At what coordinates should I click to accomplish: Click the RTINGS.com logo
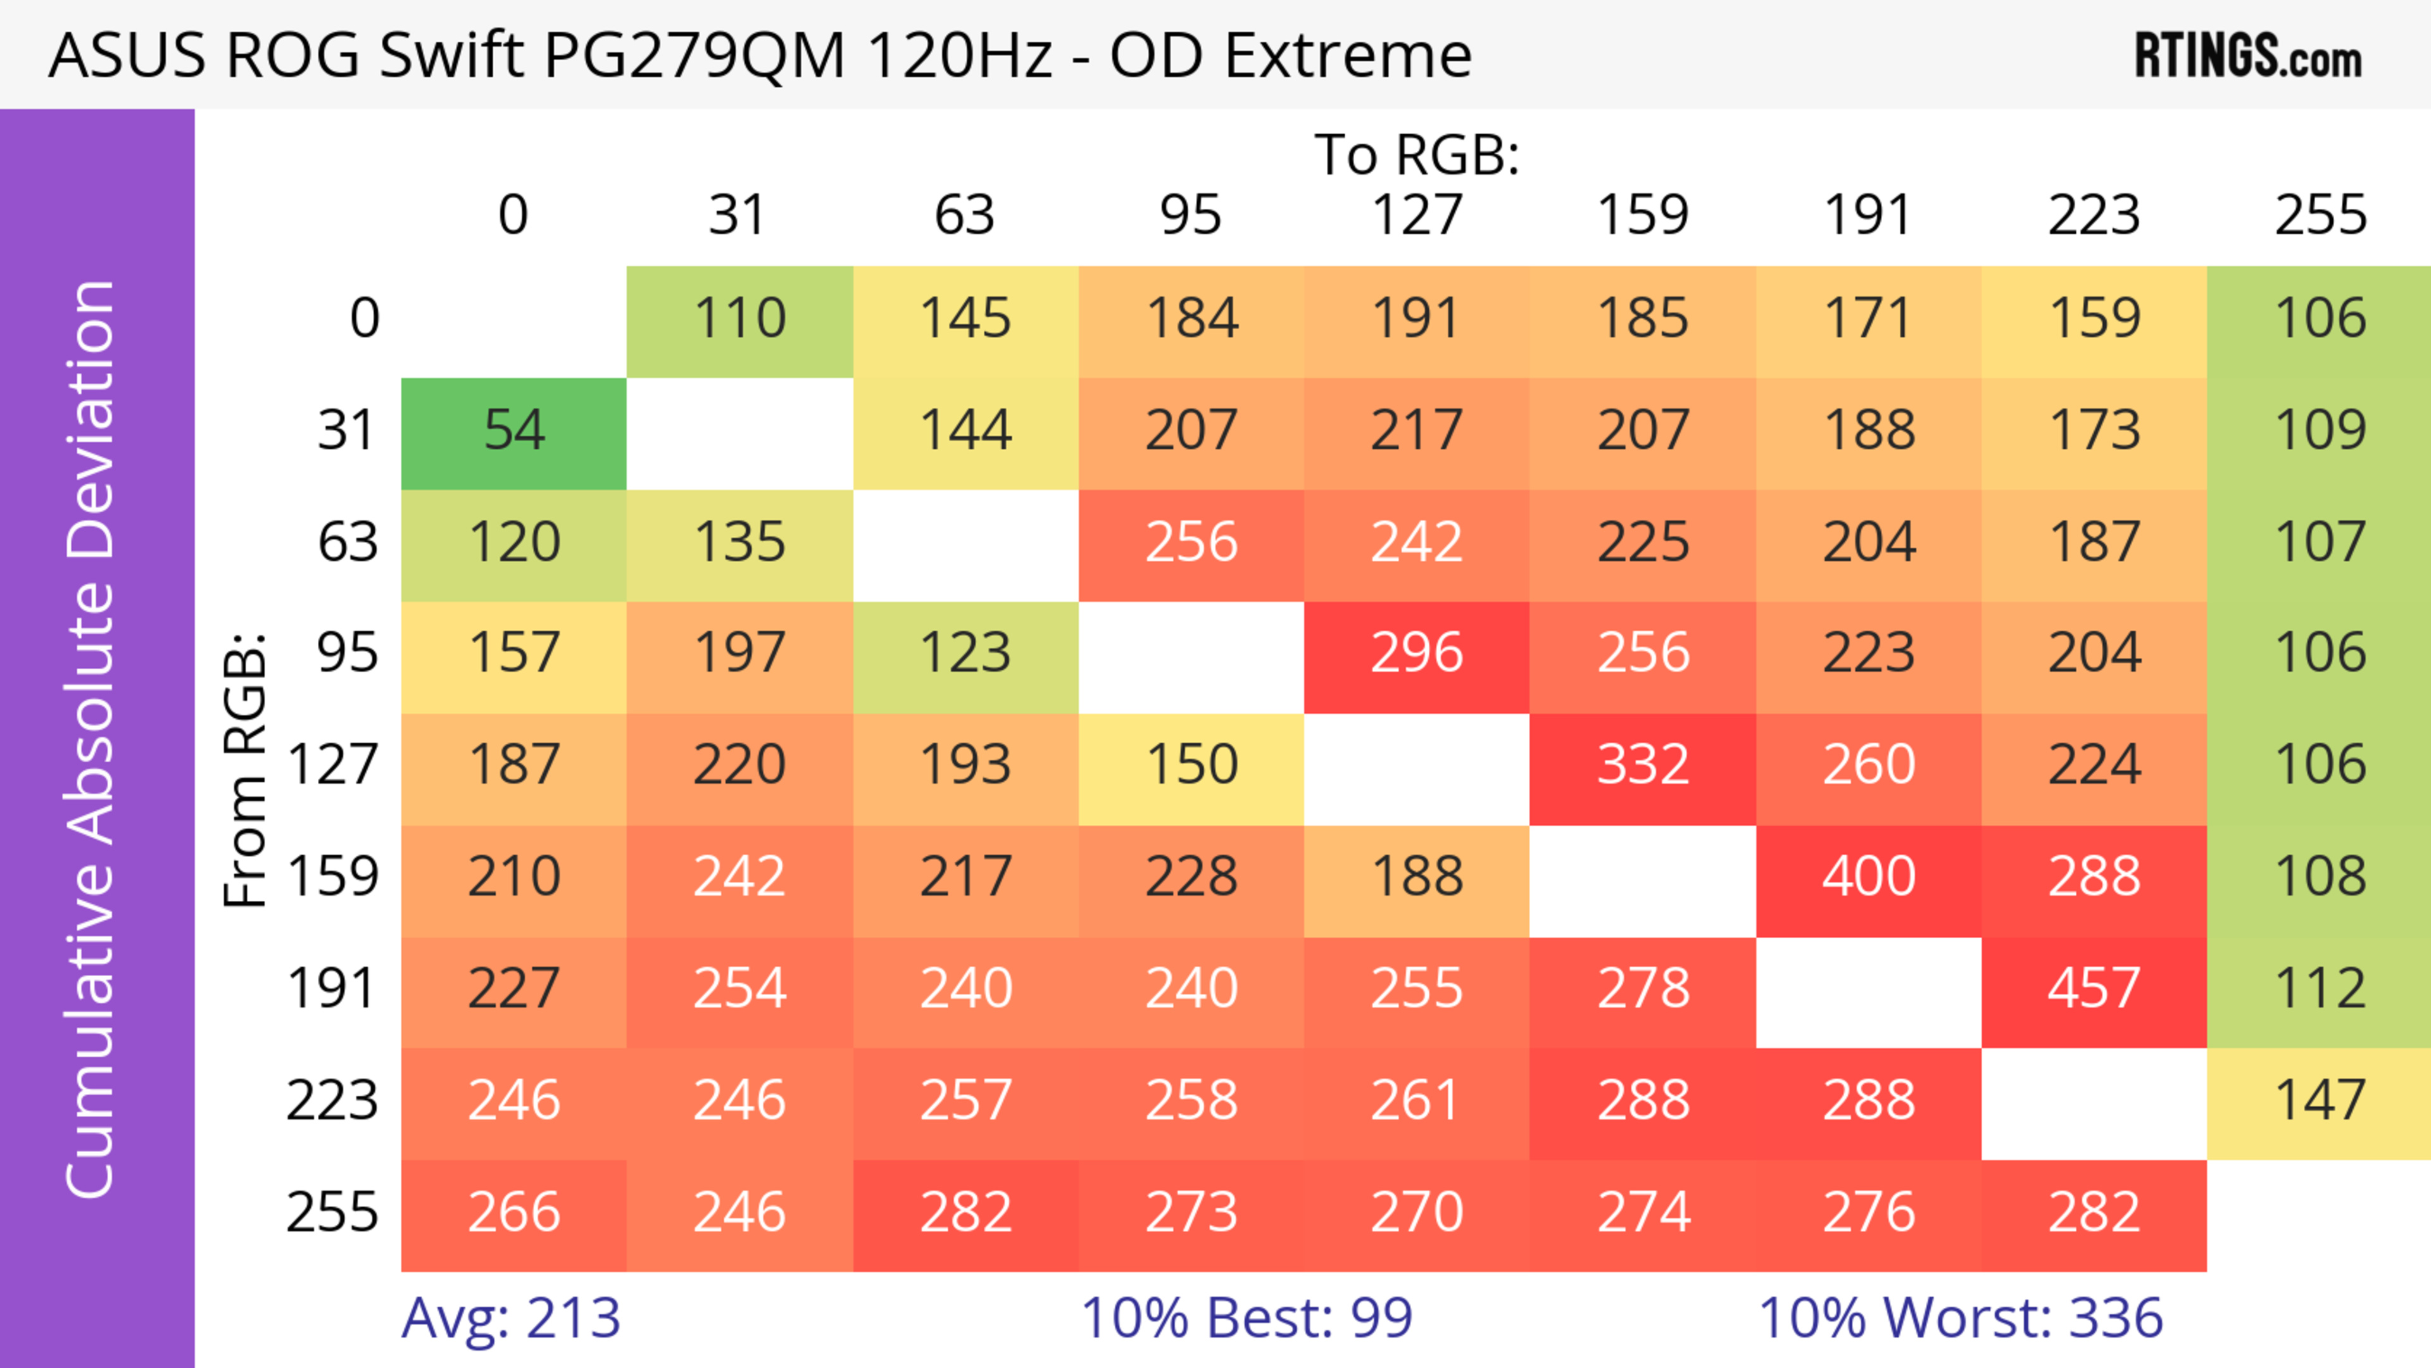[x=2248, y=56]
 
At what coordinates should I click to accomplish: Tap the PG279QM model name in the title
[x=694, y=56]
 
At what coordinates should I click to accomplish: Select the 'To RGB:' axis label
[x=1417, y=154]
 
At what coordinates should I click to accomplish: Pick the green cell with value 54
[x=513, y=431]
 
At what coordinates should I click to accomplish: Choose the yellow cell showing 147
[x=2320, y=1101]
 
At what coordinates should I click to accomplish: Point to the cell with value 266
[x=513, y=1212]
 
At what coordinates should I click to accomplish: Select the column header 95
[x=1190, y=215]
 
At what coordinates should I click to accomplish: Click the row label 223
[x=332, y=1101]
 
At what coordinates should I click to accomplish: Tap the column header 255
[x=2320, y=215]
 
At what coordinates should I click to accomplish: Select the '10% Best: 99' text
[x=1246, y=1318]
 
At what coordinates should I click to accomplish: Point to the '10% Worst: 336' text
[x=1960, y=1318]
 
